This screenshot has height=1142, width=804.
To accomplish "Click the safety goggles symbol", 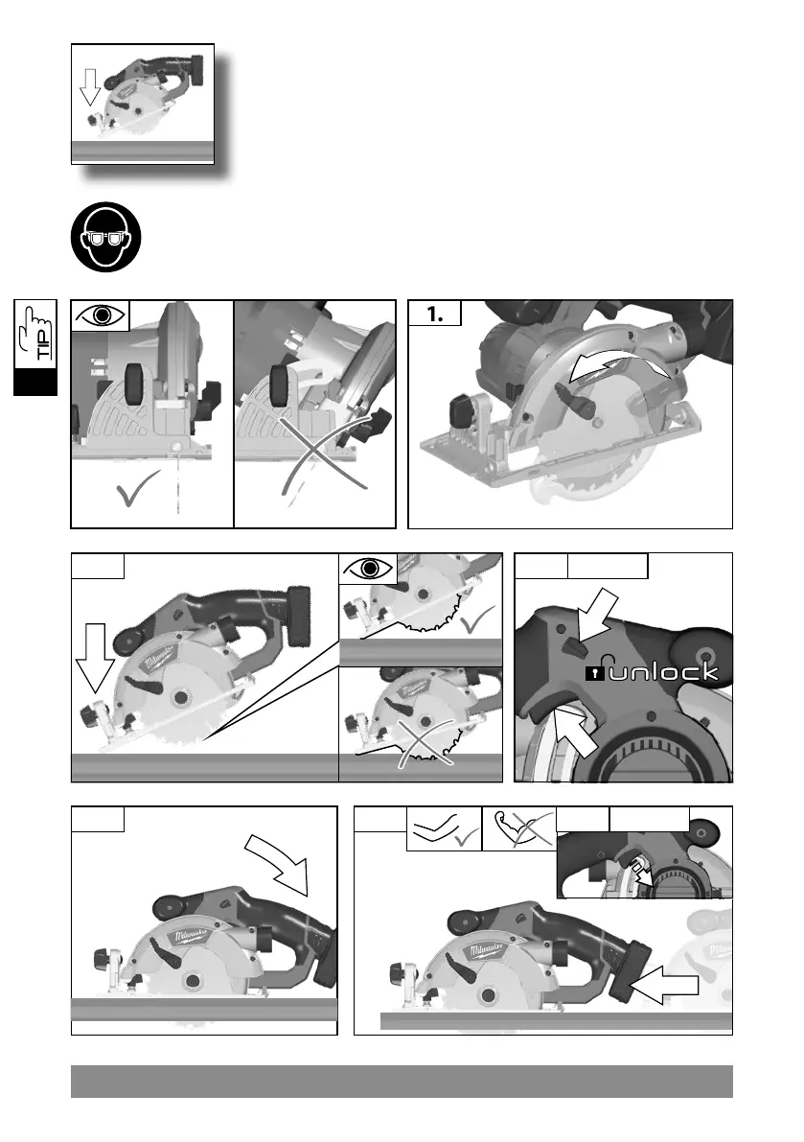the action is pos(105,237).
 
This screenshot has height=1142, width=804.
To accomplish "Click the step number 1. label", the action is pos(434,314).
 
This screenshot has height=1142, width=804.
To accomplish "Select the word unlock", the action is pos(663,671).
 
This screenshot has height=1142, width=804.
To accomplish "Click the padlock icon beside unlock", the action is pos(595,671).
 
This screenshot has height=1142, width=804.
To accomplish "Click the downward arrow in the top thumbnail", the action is pos(90,86).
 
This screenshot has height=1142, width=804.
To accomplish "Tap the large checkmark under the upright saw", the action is pos(138,487).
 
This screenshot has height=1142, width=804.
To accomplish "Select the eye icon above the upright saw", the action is pos(101,315).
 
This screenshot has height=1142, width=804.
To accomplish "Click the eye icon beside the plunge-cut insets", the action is pos(368,568).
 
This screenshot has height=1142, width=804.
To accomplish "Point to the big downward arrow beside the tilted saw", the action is pos(95,658).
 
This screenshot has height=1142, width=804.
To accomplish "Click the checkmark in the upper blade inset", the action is pos(477,618).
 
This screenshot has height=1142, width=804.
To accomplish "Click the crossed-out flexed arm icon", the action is pos(518,828).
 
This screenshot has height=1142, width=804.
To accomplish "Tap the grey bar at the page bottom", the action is pos(402,1081).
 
